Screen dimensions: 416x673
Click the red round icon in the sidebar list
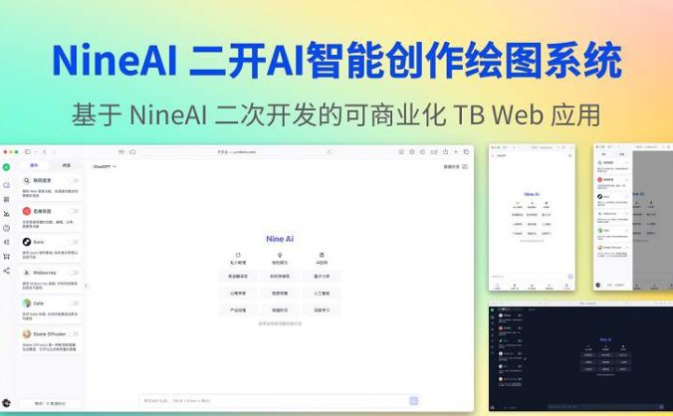pos(27,211)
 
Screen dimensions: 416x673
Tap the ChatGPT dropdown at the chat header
pos(105,166)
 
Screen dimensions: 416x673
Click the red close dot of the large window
pos(5,151)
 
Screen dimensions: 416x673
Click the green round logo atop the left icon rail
pos(6,167)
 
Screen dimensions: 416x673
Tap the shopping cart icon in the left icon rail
pos(6,256)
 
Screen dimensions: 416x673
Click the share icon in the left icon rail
pos(6,270)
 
